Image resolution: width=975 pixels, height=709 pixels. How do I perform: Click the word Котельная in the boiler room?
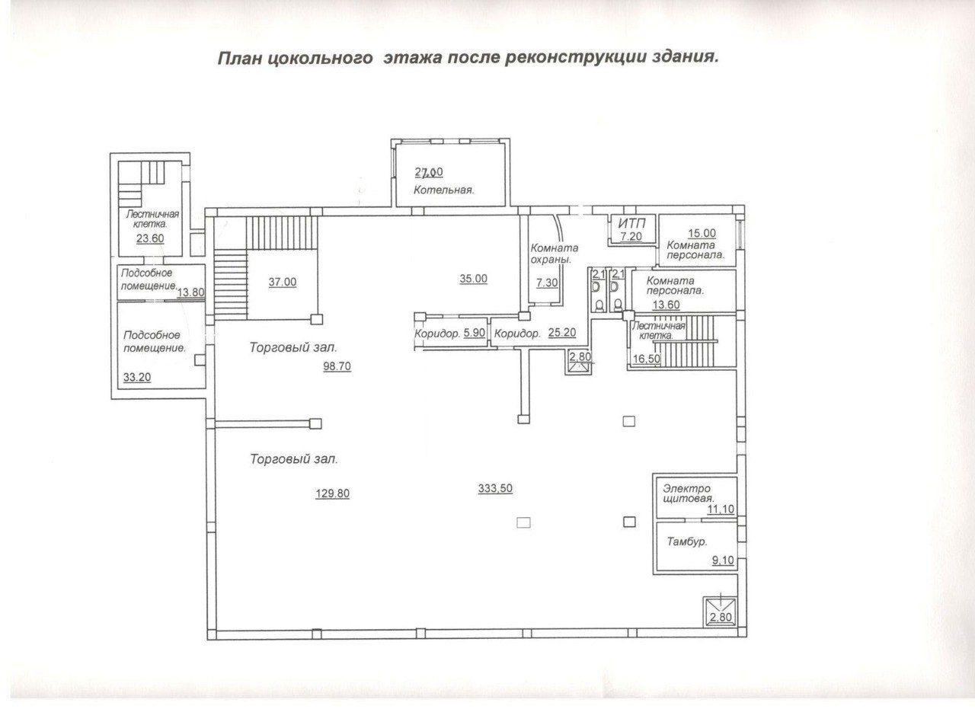(x=443, y=190)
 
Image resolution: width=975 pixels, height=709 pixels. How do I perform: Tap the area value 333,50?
(x=495, y=488)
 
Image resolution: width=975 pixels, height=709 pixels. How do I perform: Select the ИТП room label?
(x=631, y=224)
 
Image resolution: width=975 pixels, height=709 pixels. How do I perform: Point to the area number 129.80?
(x=333, y=493)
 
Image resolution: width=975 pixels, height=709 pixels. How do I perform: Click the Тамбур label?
(x=687, y=542)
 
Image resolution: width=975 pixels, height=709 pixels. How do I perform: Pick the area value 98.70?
(x=337, y=366)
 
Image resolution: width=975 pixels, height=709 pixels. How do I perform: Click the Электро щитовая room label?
(x=689, y=493)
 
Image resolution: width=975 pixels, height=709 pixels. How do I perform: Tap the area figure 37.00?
(x=282, y=282)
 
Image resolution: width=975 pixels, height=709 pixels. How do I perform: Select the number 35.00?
(x=474, y=278)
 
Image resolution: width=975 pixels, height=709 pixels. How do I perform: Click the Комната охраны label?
(x=554, y=254)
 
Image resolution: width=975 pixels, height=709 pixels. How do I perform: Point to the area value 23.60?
(x=150, y=238)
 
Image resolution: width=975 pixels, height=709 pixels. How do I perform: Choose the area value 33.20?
(x=137, y=377)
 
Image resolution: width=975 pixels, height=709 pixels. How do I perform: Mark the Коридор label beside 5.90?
(x=437, y=334)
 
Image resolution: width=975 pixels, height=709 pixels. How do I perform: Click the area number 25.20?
(x=562, y=333)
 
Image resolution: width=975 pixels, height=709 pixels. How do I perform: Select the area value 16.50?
(x=647, y=359)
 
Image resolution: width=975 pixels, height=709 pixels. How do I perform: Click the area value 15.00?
(x=702, y=233)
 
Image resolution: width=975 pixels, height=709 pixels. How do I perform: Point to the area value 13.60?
(x=666, y=305)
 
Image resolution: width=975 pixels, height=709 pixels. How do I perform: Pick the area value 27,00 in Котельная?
(x=429, y=172)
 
